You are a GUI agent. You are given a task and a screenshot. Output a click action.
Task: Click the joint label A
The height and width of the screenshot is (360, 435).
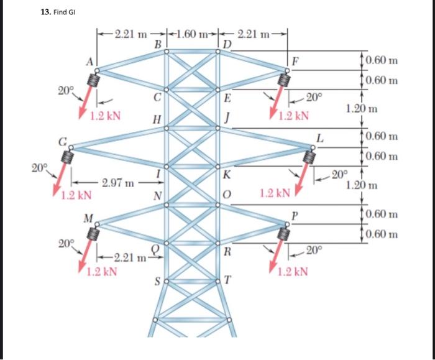click(x=89, y=61)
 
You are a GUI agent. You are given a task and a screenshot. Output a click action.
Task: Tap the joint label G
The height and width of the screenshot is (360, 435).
click(x=63, y=141)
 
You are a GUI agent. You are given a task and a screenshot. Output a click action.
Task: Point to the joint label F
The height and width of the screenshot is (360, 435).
click(x=296, y=62)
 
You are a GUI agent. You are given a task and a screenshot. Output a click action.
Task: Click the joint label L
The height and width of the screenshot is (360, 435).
click(x=319, y=137)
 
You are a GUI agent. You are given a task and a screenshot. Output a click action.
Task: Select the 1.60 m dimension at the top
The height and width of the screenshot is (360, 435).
click(x=193, y=33)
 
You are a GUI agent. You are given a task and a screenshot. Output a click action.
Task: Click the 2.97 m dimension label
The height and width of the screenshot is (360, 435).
click(x=117, y=183)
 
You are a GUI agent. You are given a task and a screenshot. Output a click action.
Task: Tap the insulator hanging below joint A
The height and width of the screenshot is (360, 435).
click(x=96, y=80)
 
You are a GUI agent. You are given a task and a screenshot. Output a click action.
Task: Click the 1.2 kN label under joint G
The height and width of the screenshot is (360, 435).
click(x=76, y=195)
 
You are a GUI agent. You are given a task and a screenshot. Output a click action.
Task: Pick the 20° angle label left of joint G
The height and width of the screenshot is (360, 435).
click(x=40, y=167)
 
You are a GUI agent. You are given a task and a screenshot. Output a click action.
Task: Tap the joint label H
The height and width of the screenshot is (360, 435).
click(x=157, y=119)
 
